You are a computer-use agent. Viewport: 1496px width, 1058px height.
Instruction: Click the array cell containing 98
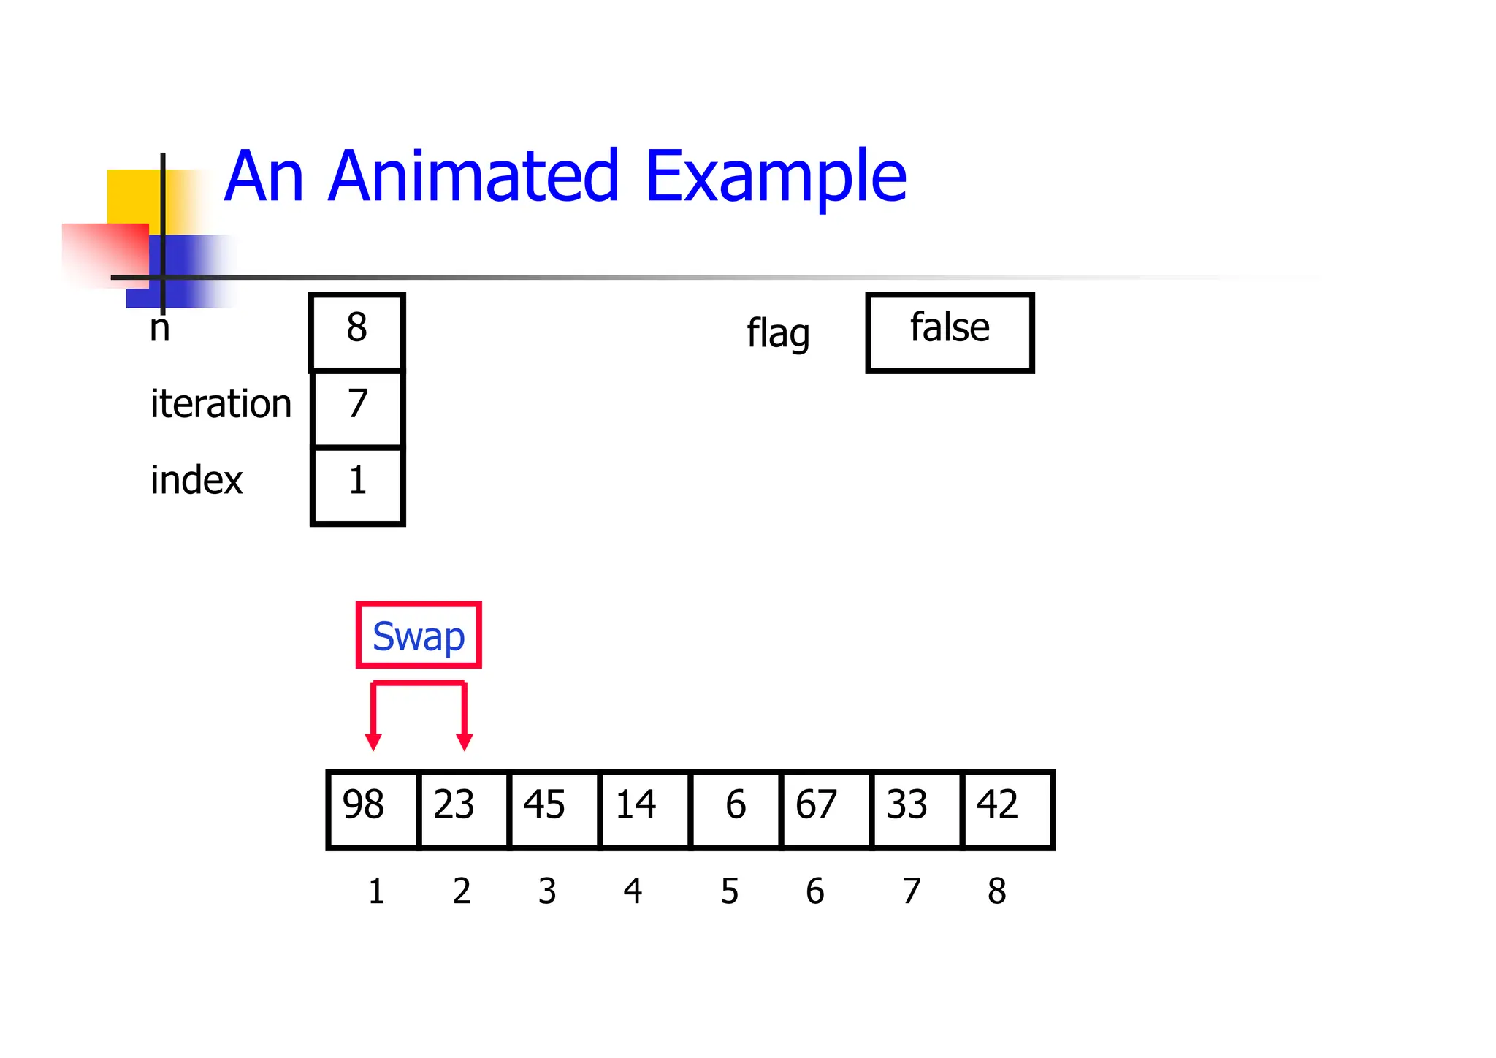click(373, 809)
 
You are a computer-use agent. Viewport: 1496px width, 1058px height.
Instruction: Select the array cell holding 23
click(464, 809)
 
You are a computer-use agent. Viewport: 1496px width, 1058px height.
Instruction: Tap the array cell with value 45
click(554, 809)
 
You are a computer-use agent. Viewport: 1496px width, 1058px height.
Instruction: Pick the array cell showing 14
click(644, 809)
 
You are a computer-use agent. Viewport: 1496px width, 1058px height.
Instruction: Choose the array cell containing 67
click(826, 809)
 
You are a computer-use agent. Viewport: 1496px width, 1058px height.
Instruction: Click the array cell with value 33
click(917, 809)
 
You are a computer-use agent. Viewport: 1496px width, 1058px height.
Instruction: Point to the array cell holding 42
click(1007, 809)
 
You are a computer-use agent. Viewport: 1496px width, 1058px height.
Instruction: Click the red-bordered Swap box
click(419, 635)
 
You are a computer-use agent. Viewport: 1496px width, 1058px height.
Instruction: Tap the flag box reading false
click(950, 332)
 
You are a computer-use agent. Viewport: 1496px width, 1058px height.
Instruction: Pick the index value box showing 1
click(357, 484)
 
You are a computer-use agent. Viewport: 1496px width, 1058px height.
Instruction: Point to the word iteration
click(221, 404)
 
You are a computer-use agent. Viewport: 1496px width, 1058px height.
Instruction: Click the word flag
click(778, 334)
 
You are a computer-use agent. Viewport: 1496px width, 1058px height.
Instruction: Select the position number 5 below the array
click(730, 891)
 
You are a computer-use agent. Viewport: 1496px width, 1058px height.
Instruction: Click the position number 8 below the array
click(996, 891)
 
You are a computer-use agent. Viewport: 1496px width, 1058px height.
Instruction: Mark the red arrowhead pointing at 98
click(373, 742)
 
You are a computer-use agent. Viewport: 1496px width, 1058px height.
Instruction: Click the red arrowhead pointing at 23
click(464, 742)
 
